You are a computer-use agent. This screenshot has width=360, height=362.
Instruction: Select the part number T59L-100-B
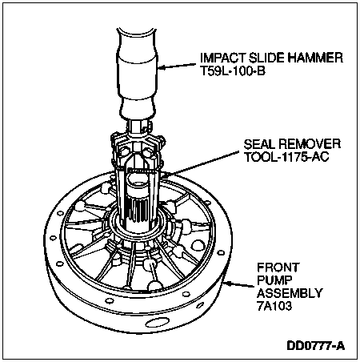click(233, 71)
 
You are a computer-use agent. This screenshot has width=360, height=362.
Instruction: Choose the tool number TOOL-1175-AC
click(286, 157)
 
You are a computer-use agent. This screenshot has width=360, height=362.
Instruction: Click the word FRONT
click(278, 267)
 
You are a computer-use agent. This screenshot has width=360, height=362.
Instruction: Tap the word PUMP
click(274, 280)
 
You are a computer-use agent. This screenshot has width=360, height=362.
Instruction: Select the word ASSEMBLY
click(290, 293)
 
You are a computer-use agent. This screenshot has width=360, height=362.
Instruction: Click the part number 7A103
click(274, 306)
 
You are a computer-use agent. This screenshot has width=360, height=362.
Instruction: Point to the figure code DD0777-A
click(316, 346)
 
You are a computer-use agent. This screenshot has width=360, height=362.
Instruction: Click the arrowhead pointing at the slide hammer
click(162, 67)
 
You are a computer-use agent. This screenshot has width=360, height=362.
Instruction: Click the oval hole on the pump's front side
click(156, 323)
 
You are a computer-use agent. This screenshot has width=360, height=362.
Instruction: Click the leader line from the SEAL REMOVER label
click(202, 163)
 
